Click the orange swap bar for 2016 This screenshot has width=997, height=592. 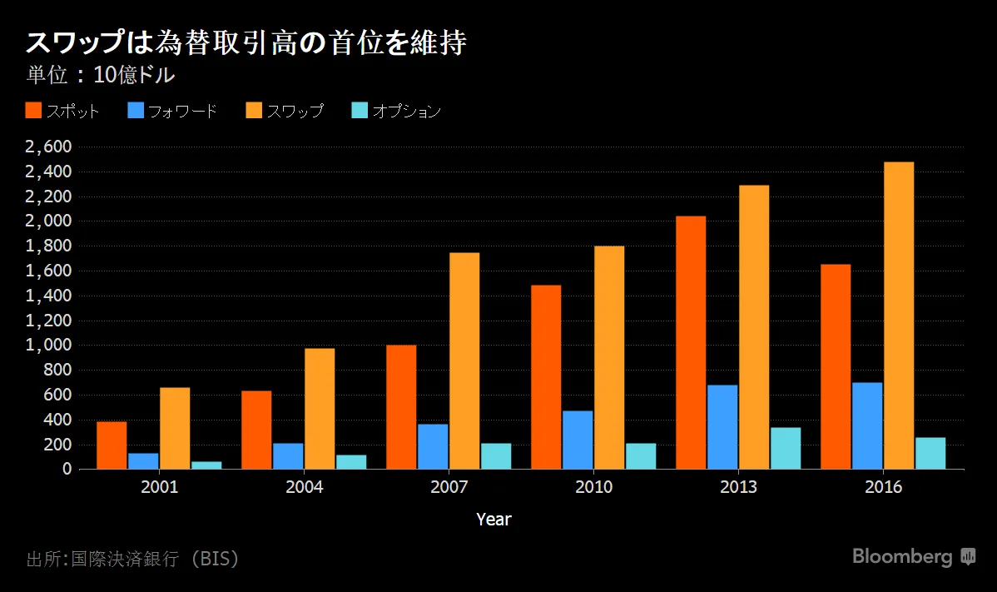click(899, 316)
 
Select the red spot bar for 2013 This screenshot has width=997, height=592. click(691, 342)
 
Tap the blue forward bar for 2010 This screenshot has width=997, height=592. click(578, 440)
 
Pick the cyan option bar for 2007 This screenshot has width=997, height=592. click(496, 456)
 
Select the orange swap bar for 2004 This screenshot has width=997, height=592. click(320, 409)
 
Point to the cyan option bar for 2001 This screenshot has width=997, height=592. click(206, 465)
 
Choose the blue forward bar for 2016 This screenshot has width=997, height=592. click(867, 425)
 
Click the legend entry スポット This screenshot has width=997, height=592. click(63, 111)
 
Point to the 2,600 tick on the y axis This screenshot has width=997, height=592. click(49, 147)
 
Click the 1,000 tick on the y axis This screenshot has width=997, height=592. click(49, 346)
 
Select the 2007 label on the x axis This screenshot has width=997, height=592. click(449, 488)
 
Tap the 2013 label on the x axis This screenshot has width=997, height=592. click(738, 488)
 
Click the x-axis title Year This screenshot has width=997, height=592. click(494, 520)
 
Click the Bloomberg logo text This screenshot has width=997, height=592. click(902, 557)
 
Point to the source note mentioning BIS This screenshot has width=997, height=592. click(133, 559)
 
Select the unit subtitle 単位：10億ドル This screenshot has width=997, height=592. click(101, 75)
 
